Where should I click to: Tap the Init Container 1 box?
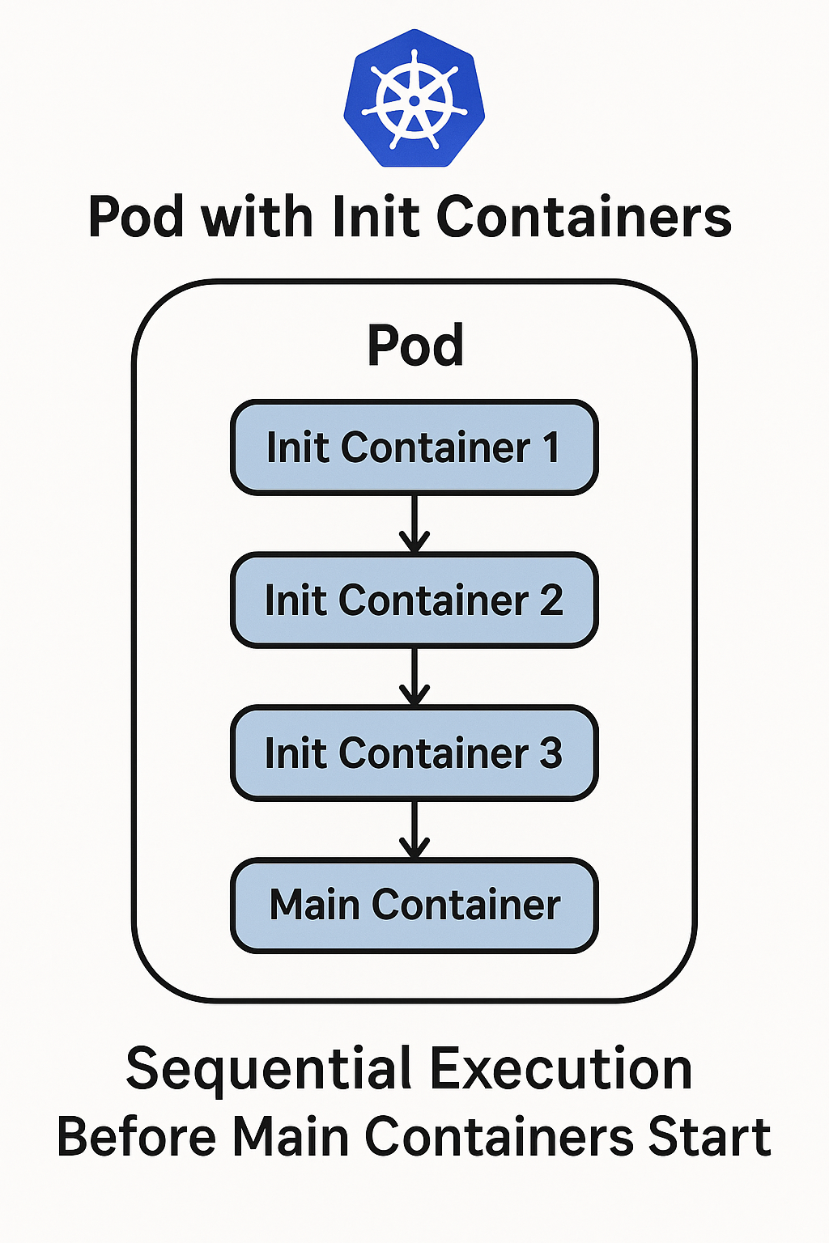click(414, 448)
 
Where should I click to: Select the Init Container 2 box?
click(414, 600)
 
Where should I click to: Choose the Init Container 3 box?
click(414, 753)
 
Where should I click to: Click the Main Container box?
click(414, 905)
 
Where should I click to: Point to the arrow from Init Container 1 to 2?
click(414, 524)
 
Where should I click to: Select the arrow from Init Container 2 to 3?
click(414, 676)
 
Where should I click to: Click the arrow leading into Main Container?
click(414, 829)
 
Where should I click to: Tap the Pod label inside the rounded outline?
click(415, 346)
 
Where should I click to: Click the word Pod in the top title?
click(135, 217)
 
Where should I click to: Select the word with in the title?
click(257, 217)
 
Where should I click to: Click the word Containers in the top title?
click(584, 217)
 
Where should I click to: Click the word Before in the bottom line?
click(136, 1137)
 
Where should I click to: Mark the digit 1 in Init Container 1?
click(551, 448)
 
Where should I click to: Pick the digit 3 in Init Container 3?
click(551, 753)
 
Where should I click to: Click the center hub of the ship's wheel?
click(414, 101)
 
